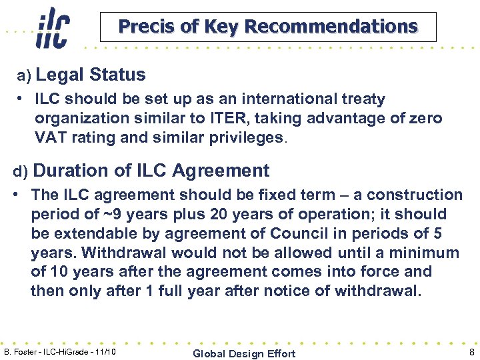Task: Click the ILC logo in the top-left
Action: (53, 28)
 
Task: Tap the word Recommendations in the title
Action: (331, 27)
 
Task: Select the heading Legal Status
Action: (95, 75)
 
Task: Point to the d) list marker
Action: (21, 172)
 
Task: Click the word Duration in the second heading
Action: (71, 171)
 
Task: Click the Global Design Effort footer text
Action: (244, 353)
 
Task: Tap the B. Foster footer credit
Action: (60, 351)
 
